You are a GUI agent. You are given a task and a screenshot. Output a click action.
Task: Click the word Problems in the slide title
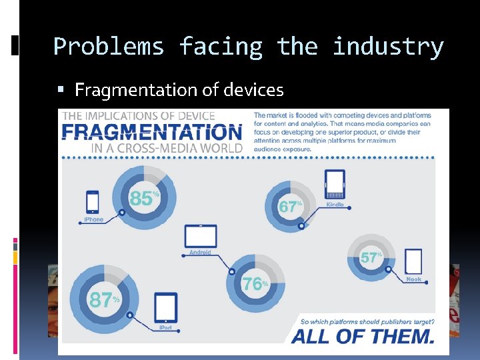coord(108,47)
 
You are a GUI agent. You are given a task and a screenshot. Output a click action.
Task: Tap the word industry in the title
coord(387,47)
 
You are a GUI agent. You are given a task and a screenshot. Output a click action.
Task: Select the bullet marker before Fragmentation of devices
coord(61,90)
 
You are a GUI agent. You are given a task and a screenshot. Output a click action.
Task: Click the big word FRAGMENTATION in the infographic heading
coord(151,133)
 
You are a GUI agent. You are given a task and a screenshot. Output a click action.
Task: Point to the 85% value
coord(143,199)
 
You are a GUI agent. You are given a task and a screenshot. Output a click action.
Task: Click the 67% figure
coord(289,207)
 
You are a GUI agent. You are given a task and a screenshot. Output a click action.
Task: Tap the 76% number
coord(254,284)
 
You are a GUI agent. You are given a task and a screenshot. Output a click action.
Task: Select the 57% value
coord(370,258)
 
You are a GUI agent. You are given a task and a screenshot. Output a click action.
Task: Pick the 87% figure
coord(103,301)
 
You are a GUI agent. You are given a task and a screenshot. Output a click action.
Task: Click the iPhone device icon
coord(93,202)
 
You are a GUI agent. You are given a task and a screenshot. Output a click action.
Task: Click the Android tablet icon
coord(201,237)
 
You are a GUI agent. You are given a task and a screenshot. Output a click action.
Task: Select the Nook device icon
coord(413,261)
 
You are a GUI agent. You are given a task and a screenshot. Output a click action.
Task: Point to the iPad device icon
coord(165,308)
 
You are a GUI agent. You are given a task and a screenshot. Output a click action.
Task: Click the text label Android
coord(200,253)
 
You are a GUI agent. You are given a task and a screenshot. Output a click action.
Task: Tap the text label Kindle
coord(335,205)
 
